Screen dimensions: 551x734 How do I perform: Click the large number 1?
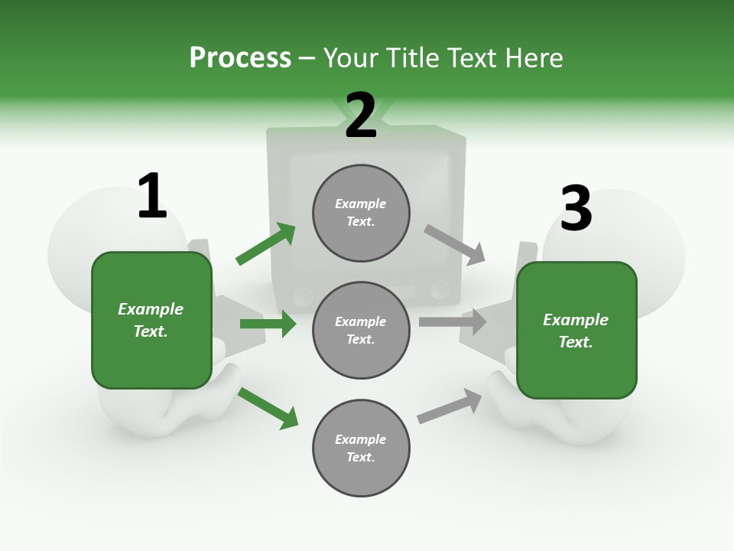152,197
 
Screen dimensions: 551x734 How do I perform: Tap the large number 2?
361,116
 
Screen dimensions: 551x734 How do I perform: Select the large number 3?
576,209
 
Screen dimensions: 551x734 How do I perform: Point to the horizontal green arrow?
268,324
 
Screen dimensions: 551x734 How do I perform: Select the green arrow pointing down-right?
268,407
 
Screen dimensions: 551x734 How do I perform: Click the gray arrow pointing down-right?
454,245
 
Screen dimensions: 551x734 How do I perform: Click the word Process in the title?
240,57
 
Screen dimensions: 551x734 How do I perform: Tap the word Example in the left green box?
151,309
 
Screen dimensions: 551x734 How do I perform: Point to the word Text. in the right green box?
576,342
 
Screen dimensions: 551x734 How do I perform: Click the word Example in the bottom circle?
361,439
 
